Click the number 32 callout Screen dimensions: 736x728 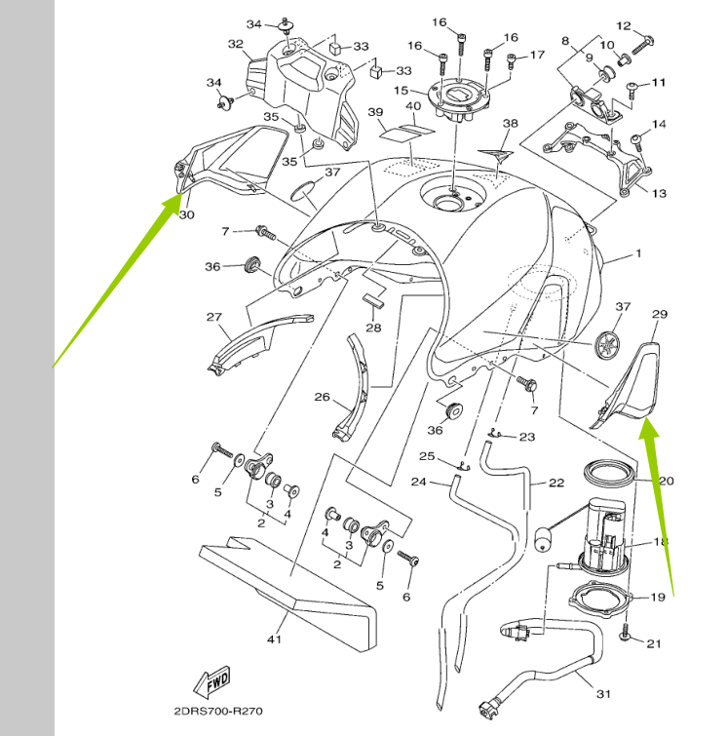click(x=235, y=44)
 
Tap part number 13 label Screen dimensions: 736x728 click(x=659, y=193)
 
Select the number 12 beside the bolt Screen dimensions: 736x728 click(x=651, y=26)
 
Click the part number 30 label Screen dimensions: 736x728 click(x=187, y=214)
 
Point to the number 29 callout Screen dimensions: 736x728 click(x=659, y=314)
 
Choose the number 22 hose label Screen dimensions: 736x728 click(x=556, y=484)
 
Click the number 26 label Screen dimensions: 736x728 click(x=323, y=397)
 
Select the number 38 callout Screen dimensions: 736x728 click(x=510, y=124)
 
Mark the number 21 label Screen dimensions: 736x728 click(x=653, y=643)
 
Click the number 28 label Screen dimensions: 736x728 click(x=373, y=328)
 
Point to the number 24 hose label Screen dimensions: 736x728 click(x=418, y=482)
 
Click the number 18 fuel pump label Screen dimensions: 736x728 click(x=660, y=542)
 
